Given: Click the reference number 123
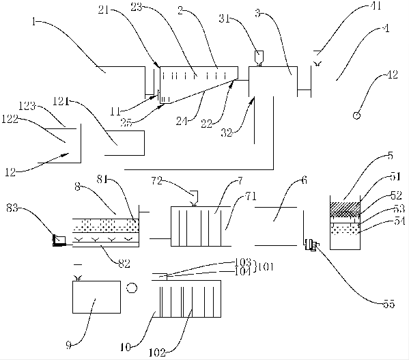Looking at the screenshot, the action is click(27, 106).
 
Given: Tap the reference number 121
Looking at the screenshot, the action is click(61, 100).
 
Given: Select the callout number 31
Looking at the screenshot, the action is click(224, 18).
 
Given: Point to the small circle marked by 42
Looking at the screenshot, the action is click(356, 115).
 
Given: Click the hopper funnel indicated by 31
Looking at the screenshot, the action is click(259, 57).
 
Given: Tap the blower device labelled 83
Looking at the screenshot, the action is click(59, 240).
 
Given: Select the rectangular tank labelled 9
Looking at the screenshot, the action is click(96, 297).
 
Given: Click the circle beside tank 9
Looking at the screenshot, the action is click(132, 288).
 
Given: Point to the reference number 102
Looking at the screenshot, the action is click(157, 352).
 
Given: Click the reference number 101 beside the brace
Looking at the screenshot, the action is click(266, 267).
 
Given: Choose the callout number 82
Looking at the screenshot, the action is click(124, 264).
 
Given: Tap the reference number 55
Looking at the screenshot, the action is click(389, 304).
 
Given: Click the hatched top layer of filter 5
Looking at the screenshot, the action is click(345, 207).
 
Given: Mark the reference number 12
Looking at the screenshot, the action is click(10, 172).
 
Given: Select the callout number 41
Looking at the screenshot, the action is click(376, 5).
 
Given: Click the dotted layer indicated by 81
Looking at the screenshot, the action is click(105, 225).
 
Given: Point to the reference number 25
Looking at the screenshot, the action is click(126, 122).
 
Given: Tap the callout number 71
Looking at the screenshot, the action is click(251, 196).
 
